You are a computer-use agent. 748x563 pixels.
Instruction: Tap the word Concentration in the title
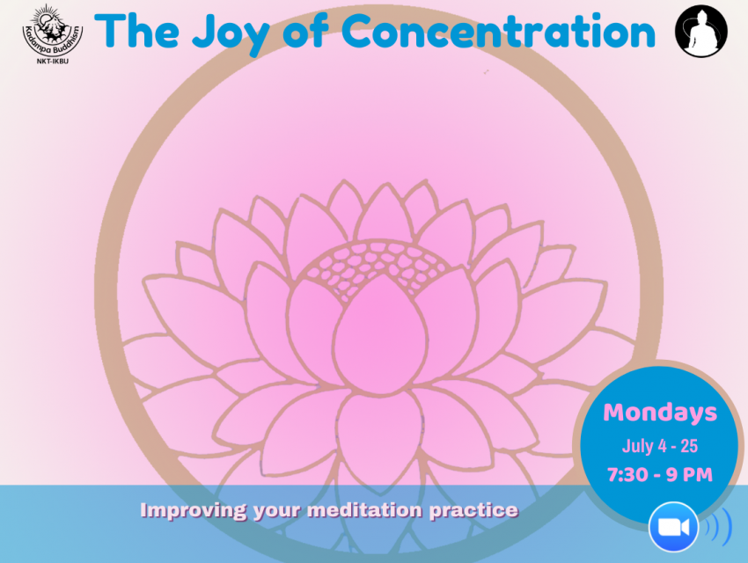pyautogui.click(x=498, y=31)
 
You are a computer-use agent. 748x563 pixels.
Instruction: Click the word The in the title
pyautogui.click(x=137, y=31)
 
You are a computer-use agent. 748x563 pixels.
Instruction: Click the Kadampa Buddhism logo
pyautogui.click(x=53, y=32)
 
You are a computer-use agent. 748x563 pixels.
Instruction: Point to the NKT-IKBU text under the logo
pyautogui.click(x=53, y=62)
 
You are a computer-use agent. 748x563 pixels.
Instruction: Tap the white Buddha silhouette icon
pyautogui.click(x=701, y=31)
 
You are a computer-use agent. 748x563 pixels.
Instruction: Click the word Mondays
pyautogui.click(x=660, y=413)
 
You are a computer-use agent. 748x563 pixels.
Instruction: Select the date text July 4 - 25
pyautogui.click(x=660, y=446)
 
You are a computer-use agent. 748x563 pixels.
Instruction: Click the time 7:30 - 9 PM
pyautogui.click(x=660, y=475)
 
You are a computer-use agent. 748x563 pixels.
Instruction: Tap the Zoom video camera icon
pyautogui.click(x=673, y=527)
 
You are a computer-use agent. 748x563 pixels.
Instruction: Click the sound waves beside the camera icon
pyautogui.click(x=718, y=527)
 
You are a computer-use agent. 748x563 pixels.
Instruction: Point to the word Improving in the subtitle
pyautogui.click(x=194, y=510)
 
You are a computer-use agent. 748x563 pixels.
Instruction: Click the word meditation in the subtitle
pyautogui.click(x=365, y=509)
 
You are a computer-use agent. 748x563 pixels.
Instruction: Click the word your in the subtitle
pyautogui.click(x=276, y=511)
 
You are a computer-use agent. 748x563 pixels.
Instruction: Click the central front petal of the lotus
pyautogui.click(x=380, y=333)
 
